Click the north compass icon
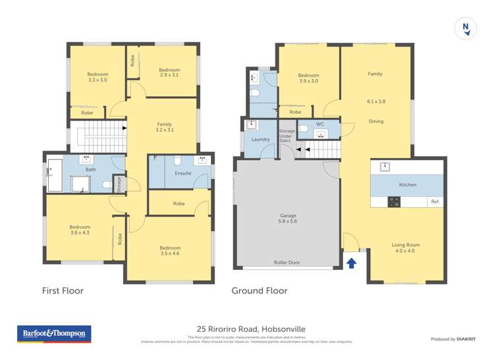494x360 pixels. [466, 27]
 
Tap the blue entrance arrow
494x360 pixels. [352, 263]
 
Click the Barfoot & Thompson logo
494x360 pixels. [54, 334]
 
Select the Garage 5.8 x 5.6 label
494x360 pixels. [287, 219]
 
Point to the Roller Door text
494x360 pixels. [287, 262]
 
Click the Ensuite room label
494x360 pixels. [183, 173]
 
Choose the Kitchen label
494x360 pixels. [408, 184]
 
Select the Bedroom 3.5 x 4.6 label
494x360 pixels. [169, 251]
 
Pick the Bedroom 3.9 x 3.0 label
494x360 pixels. [308, 78]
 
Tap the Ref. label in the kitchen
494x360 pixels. [435, 201]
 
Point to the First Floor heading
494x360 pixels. [63, 290]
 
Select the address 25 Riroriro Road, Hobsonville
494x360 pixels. [252, 329]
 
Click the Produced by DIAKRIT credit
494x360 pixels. [453, 339]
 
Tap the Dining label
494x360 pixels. [376, 121]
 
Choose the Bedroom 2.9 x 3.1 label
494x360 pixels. [169, 72]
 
